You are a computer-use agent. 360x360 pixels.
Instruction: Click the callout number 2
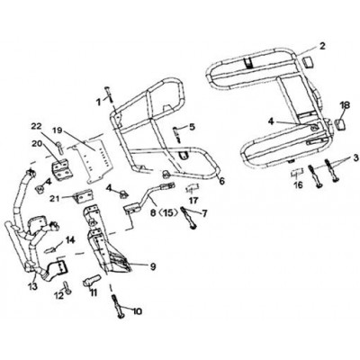[322, 46]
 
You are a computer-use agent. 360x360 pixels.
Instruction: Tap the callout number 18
[345, 105]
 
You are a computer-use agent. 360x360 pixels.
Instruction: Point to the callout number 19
[58, 130]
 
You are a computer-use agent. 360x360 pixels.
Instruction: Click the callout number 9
[153, 266]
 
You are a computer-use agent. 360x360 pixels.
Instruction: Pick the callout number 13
[32, 286]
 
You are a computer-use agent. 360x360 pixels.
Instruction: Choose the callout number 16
[298, 185]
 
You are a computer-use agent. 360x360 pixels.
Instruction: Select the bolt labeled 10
[118, 307]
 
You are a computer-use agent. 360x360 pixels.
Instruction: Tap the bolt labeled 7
[187, 218]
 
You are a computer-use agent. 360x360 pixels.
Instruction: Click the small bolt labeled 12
[67, 287]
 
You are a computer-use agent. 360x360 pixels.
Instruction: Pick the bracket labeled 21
[83, 198]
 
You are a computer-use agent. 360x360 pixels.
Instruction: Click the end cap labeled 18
[340, 124]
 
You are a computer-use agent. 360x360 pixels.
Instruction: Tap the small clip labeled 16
[298, 172]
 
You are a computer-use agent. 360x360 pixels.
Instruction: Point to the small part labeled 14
[52, 249]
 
